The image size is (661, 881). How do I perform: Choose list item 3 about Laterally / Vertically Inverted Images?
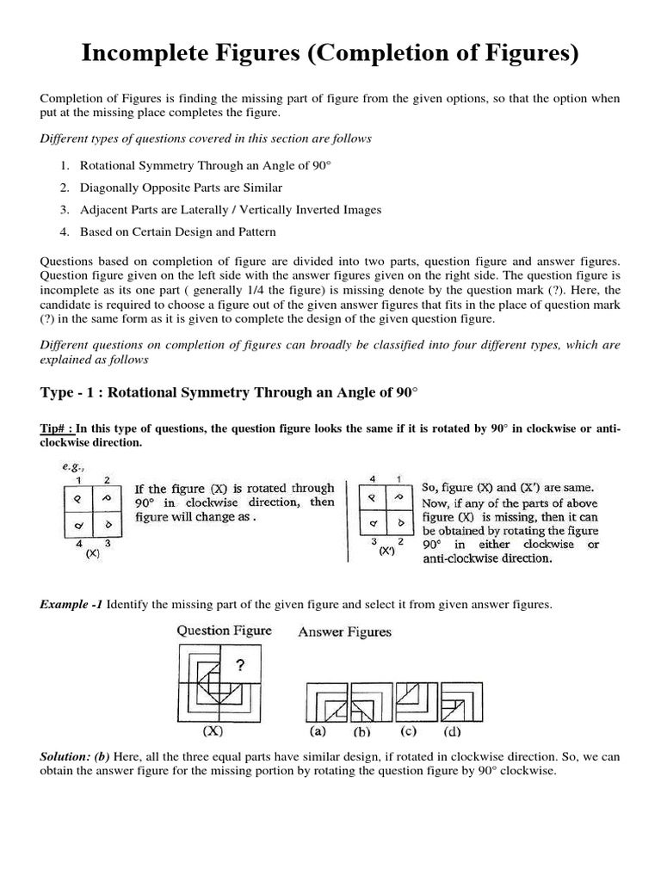pyautogui.click(x=230, y=209)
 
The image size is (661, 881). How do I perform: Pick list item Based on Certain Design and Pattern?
pyautogui.click(x=178, y=231)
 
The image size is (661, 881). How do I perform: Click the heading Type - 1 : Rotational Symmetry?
pyautogui.click(x=229, y=392)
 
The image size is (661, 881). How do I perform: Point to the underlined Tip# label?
pyautogui.click(x=56, y=428)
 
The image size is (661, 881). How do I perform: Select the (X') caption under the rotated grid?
pyautogui.click(x=386, y=551)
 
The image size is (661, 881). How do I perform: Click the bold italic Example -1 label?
pyautogui.click(x=71, y=605)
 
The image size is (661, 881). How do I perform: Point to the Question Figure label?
pyautogui.click(x=224, y=631)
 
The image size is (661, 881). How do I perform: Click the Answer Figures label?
pyautogui.click(x=344, y=632)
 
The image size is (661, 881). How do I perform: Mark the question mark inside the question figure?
pyautogui.click(x=242, y=665)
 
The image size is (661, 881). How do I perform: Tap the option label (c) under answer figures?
pyautogui.click(x=408, y=733)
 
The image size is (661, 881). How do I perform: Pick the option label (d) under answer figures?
pyautogui.click(x=452, y=734)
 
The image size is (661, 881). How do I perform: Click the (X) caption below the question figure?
pyautogui.click(x=213, y=732)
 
